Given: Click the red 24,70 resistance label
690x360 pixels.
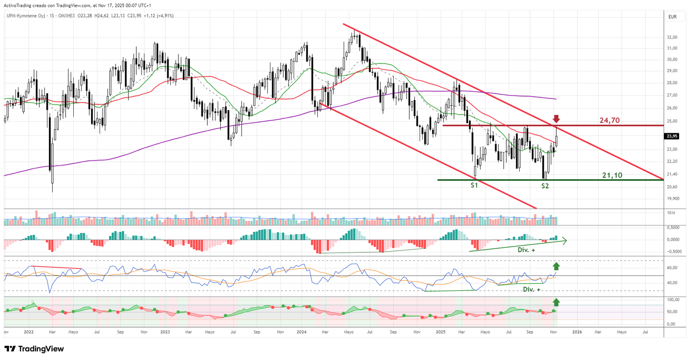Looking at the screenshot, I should [x=609, y=120].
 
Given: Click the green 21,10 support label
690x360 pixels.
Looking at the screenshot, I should [x=612, y=175].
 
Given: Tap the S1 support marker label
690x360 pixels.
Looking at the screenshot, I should [x=474, y=185].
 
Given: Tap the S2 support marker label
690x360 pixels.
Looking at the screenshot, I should [x=545, y=186].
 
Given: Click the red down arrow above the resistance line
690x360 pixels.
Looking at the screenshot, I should [x=556, y=119].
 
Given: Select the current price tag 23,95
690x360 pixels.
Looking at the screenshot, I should [x=672, y=136].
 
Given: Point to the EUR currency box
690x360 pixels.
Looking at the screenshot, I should [x=672, y=17].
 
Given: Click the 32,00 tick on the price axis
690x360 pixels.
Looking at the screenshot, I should [x=672, y=38].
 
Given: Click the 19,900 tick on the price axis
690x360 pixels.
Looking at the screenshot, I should [x=673, y=199].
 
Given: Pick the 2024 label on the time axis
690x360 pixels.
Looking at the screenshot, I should [x=301, y=332].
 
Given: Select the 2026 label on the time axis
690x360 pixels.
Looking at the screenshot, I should [x=577, y=332].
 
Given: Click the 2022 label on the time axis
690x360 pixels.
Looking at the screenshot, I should [x=28, y=332].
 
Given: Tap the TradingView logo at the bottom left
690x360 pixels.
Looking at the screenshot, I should [x=34, y=349].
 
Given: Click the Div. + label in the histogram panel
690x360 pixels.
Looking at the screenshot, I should [x=526, y=250].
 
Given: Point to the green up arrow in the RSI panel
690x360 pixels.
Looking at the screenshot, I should [x=556, y=266].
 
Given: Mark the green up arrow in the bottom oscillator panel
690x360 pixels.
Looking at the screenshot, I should [x=556, y=302].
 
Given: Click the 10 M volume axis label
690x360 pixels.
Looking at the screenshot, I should [x=671, y=213].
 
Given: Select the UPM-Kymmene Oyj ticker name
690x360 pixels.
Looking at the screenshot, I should [x=26, y=16].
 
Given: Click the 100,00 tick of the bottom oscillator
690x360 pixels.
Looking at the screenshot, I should [x=673, y=300].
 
